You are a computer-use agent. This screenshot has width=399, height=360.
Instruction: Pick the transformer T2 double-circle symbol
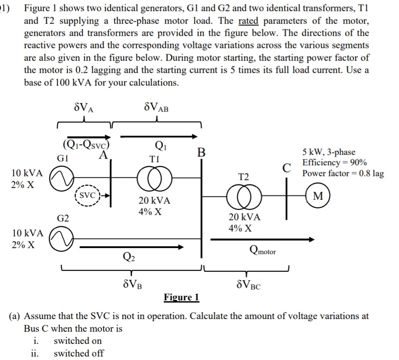tap(245, 195)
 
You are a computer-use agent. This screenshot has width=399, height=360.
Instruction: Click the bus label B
tap(201, 153)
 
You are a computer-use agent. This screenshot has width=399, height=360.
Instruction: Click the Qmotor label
tap(262, 250)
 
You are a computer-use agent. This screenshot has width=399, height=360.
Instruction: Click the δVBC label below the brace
tap(248, 286)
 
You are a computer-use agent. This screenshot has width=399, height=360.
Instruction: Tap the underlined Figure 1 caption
tap(181, 297)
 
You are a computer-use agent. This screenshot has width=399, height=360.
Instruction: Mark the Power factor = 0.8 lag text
tap(343, 173)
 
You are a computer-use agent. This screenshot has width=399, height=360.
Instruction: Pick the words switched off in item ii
tap(78, 353)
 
